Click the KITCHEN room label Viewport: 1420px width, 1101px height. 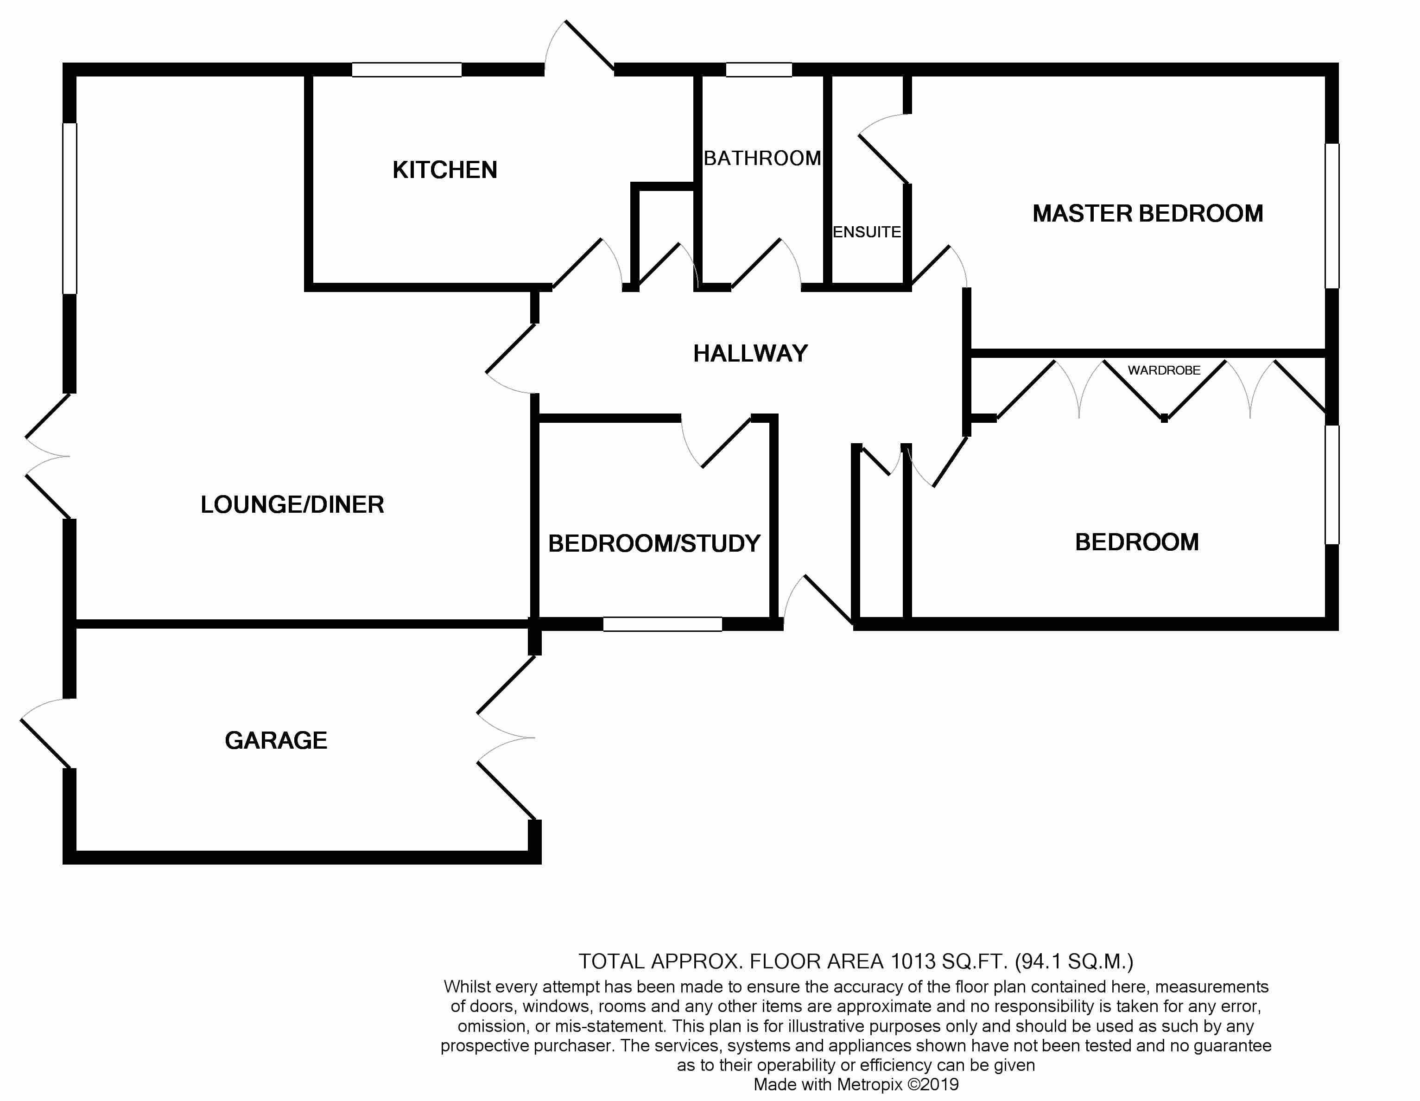(x=445, y=171)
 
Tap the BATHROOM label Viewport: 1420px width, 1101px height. (x=762, y=158)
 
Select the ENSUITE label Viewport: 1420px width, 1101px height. (x=867, y=232)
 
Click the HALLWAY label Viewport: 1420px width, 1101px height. (x=750, y=354)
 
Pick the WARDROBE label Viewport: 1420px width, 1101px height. (x=1164, y=370)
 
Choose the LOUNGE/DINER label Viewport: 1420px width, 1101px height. (x=292, y=505)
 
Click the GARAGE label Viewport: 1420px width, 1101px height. (x=276, y=740)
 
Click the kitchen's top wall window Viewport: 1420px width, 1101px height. (x=407, y=70)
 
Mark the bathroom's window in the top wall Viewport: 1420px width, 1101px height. (x=759, y=70)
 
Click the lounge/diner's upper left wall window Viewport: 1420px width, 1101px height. (x=70, y=208)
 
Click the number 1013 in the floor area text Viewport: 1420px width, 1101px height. (x=913, y=961)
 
